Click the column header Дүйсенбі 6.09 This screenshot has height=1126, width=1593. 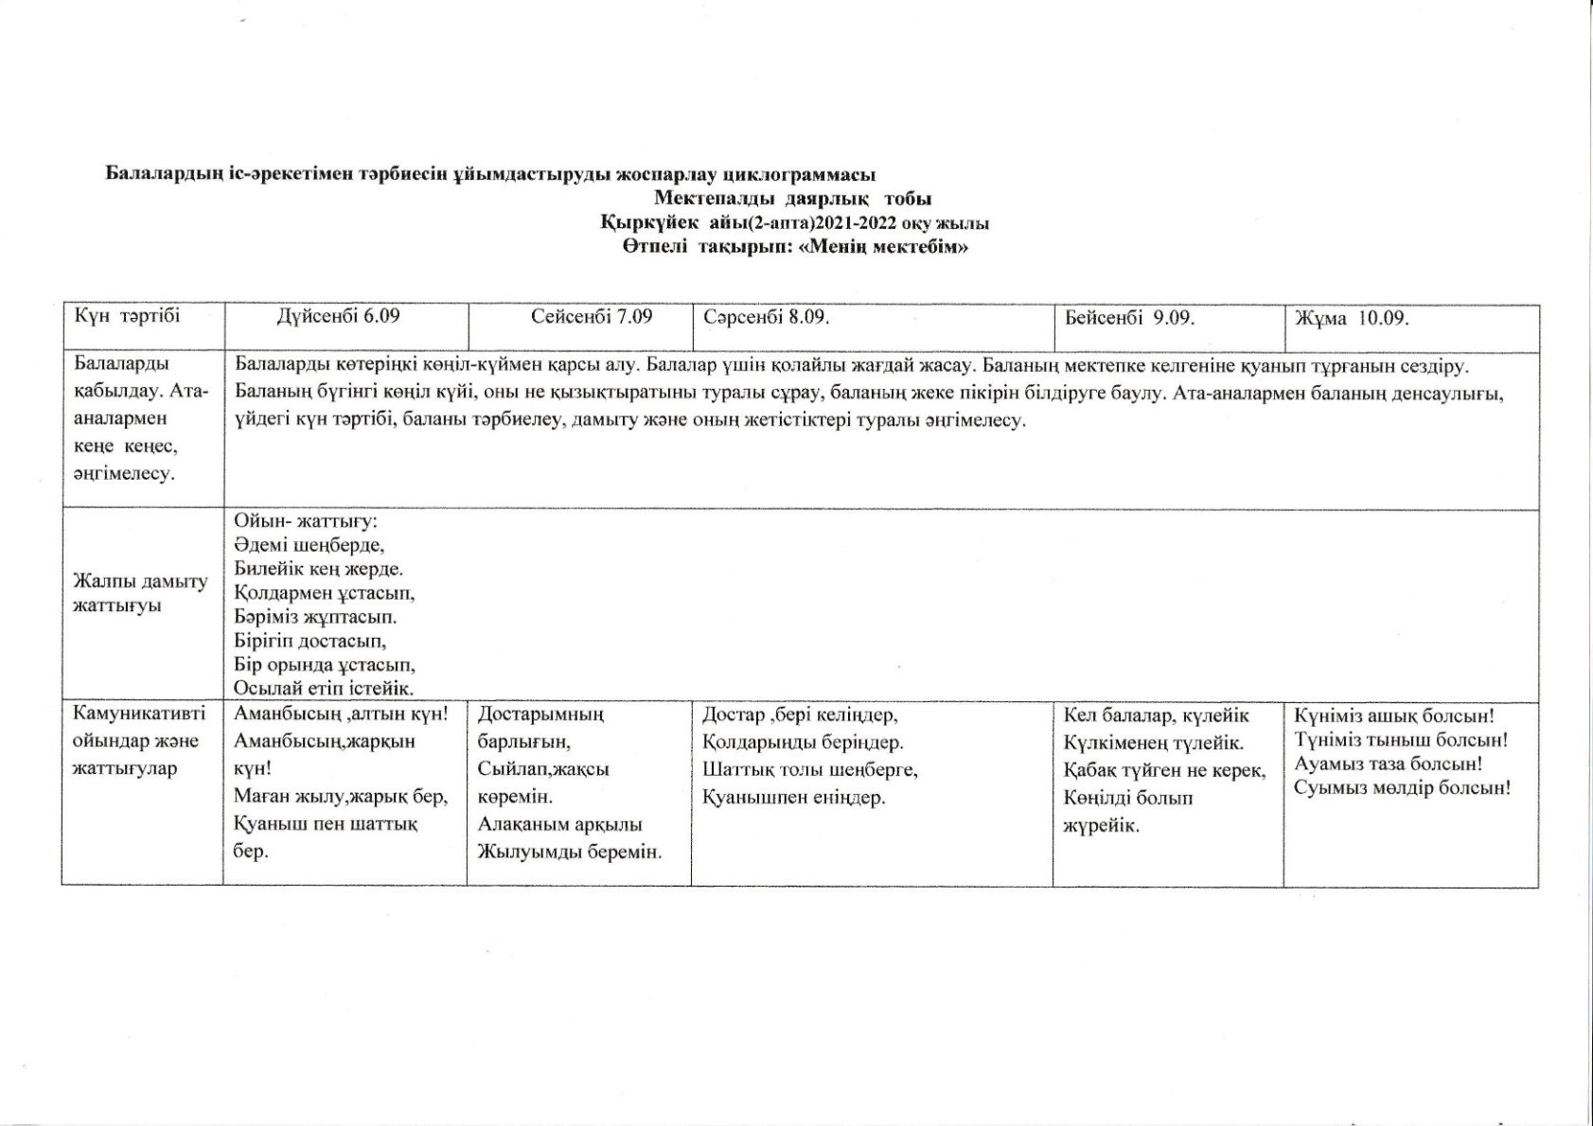[338, 316]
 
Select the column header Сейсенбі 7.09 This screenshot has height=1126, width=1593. [592, 316]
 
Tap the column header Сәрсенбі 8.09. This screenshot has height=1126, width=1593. [767, 317]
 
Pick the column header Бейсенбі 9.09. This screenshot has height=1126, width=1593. [1129, 317]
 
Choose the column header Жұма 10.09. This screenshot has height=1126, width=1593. [1352, 318]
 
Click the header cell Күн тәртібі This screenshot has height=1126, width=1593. [127, 316]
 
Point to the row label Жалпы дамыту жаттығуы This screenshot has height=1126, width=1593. [140, 593]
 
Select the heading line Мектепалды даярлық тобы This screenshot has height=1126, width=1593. [792, 199]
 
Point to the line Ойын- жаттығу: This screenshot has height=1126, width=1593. [306, 521]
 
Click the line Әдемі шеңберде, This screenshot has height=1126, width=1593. [310, 545]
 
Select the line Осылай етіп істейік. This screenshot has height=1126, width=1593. [324, 688]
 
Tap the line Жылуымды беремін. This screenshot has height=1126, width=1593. [569, 852]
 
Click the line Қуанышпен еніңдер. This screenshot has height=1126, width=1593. [793, 798]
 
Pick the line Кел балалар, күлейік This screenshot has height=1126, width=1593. [1156, 715]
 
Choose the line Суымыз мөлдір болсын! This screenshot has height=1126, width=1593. [1402, 787]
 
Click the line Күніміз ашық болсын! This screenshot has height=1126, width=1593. [1393, 716]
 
